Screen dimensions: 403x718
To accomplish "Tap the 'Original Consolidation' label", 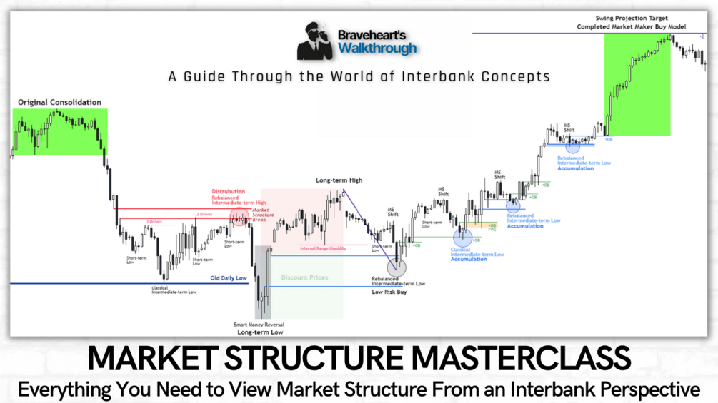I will click(x=59, y=103).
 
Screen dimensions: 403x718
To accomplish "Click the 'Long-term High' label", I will click(x=339, y=180).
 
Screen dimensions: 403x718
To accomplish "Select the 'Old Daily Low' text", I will click(x=228, y=277).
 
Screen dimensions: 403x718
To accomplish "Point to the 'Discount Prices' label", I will click(x=304, y=277).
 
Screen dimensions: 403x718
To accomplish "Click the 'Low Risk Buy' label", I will click(x=389, y=292).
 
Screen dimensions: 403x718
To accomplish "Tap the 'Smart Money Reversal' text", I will click(x=260, y=325).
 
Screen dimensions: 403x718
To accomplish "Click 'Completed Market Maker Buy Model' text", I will click(x=632, y=26).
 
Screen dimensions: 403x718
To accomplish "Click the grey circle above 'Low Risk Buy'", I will click(x=397, y=267).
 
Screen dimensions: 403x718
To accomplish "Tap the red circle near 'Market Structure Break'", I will click(x=239, y=216).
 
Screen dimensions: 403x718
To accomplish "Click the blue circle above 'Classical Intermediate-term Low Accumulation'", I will click(x=462, y=235).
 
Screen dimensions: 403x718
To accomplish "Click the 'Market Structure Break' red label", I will click(x=261, y=214).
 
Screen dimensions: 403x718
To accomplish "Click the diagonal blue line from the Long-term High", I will click(x=369, y=228).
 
